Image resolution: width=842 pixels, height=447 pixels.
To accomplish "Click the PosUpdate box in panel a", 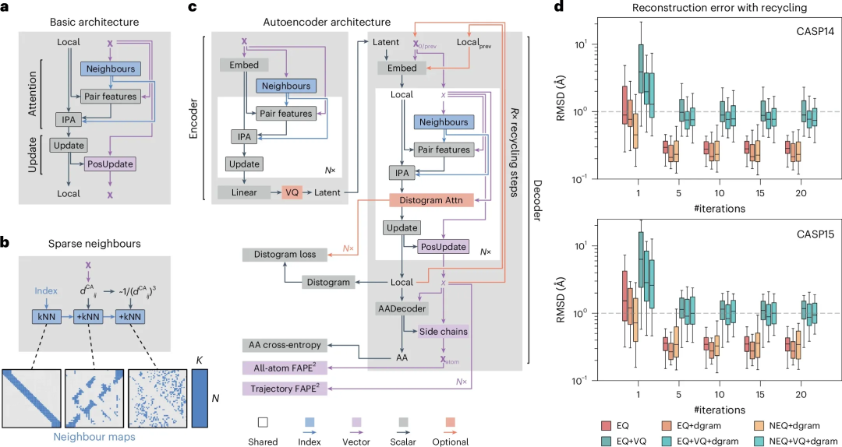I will (x=110, y=164).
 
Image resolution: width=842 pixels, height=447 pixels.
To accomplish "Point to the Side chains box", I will (x=442, y=331).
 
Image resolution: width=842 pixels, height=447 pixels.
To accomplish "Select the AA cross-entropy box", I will (x=285, y=344).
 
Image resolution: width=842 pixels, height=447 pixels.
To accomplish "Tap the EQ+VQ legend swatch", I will (x=606, y=441).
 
